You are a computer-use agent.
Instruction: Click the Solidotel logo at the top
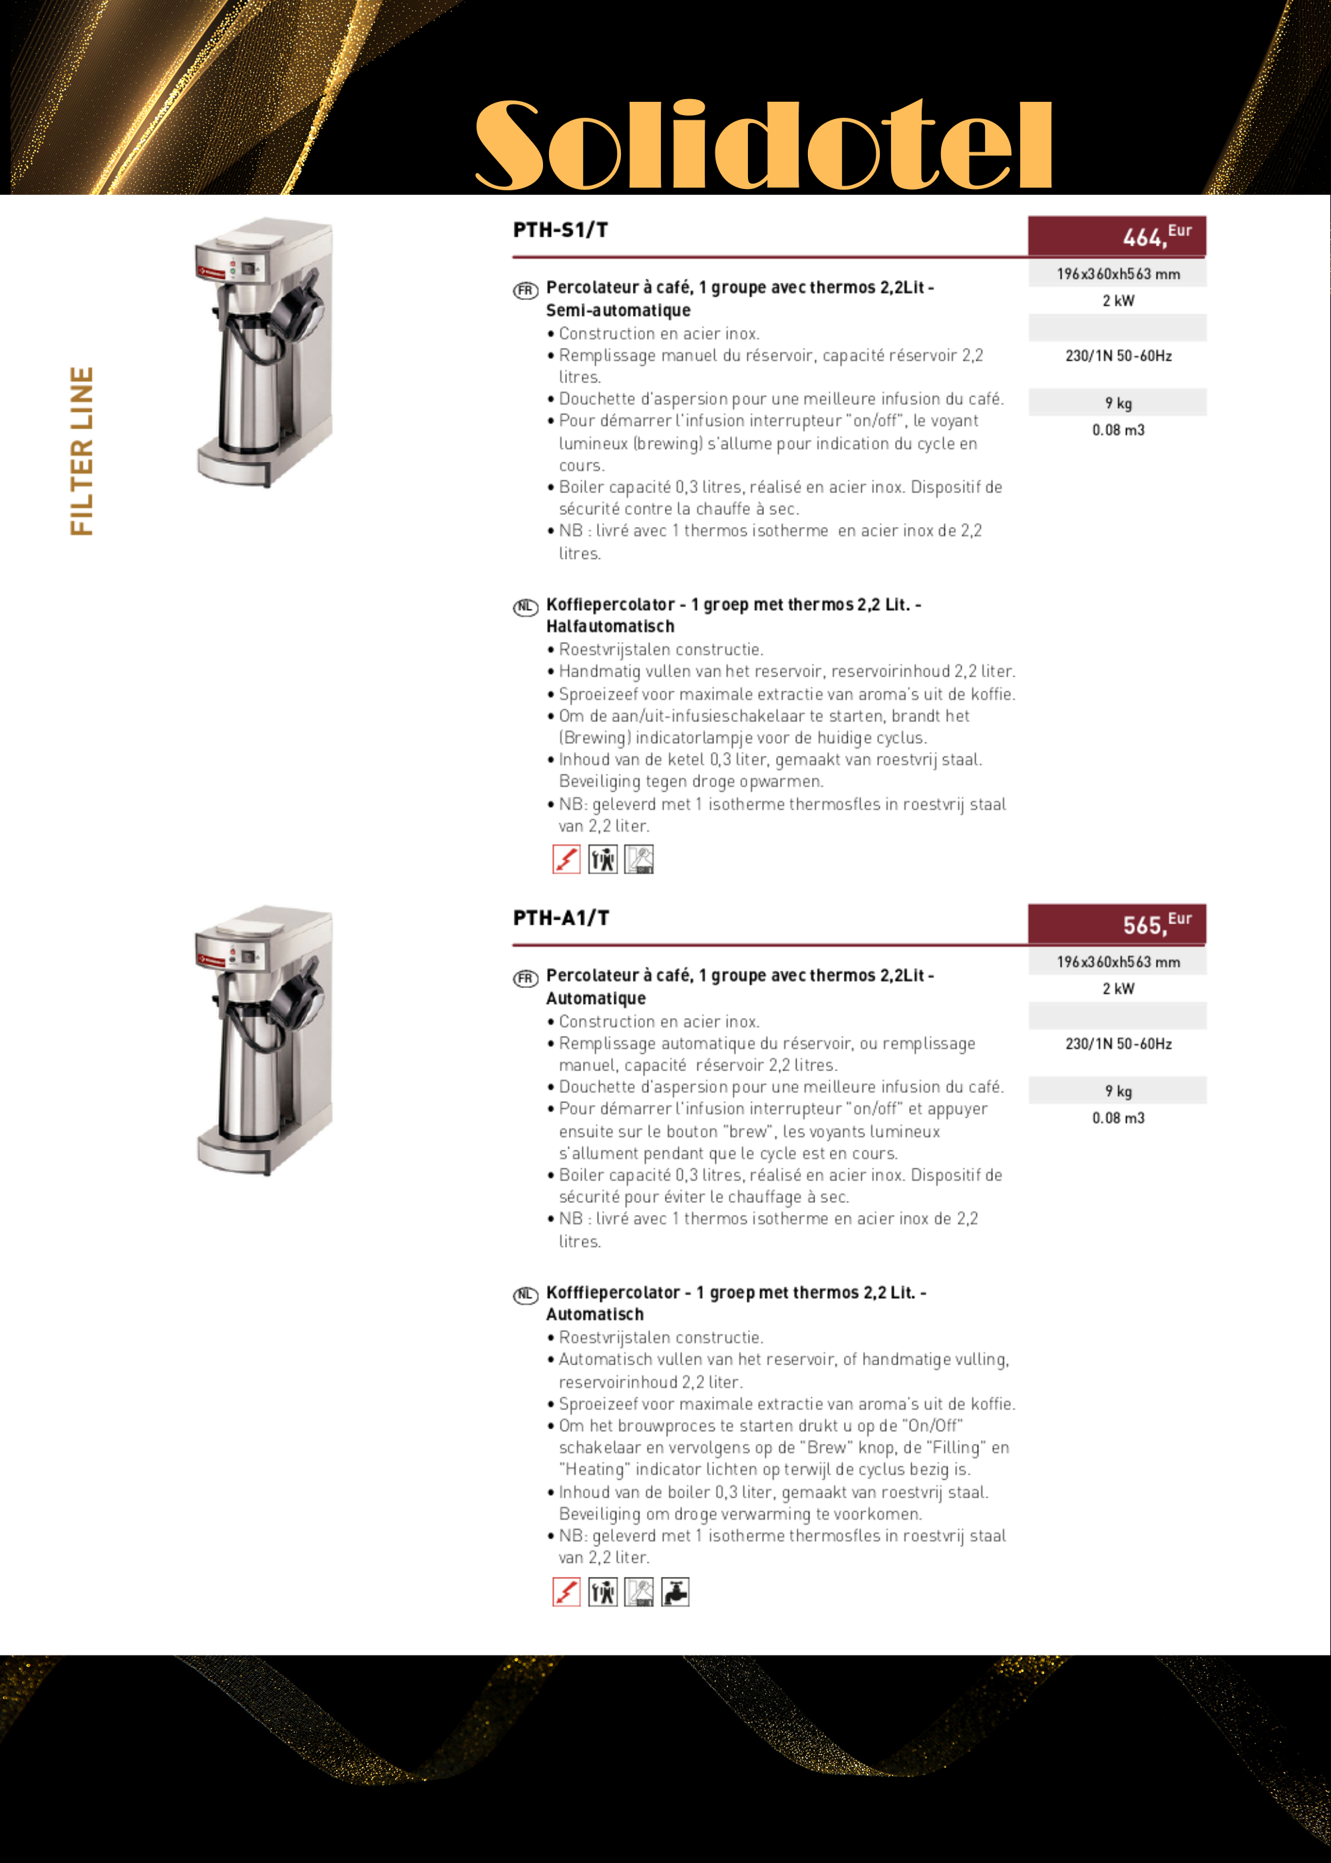pyautogui.click(x=764, y=145)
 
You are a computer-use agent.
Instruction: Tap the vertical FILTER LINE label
pyautogui.click(x=82, y=451)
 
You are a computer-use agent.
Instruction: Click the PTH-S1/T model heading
pyautogui.click(x=560, y=230)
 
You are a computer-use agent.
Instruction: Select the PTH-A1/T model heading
pyautogui.click(x=560, y=918)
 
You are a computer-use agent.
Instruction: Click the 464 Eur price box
pyautogui.click(x=1117, y=236)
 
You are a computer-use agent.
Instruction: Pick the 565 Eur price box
pyautogui.click(x=1117, y=924)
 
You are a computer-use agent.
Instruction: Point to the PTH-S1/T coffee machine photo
pyautogui.click(x=265, y=352)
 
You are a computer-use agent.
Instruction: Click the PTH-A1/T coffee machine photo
pyautogui.click(x=265, y=1041)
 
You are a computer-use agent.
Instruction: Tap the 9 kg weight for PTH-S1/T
pyautogui.click(x=1118, y=403)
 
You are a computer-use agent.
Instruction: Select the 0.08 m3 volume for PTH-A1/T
pyautogui.click(x=1118, y=1118)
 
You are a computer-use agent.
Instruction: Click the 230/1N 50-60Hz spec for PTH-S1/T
pyautogui.click(x=1118, y=355)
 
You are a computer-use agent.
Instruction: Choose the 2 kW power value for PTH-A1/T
pyautogui.click(x=1118, y=989)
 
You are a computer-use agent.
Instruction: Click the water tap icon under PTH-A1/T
pyautogui.click(x=675, y=1592)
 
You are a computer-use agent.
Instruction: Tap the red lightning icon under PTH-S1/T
pyautogui.click(x=566, y=860)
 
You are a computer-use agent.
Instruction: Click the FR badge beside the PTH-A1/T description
pyautogui.click(x=525, y=978)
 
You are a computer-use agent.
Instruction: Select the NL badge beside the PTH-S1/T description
pyautogui.click(x=525, y=607)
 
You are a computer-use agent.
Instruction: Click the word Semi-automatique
pyautogui.click(x=618, y=311)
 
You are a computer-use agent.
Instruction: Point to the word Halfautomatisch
pyautogui.click(x=610, y=627)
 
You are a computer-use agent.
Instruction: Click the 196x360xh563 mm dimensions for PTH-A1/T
pyautogui.click(x=1118, y=962)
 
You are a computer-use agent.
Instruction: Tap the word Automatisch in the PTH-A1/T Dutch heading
pyautogui.click(x=595, y=1315)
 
